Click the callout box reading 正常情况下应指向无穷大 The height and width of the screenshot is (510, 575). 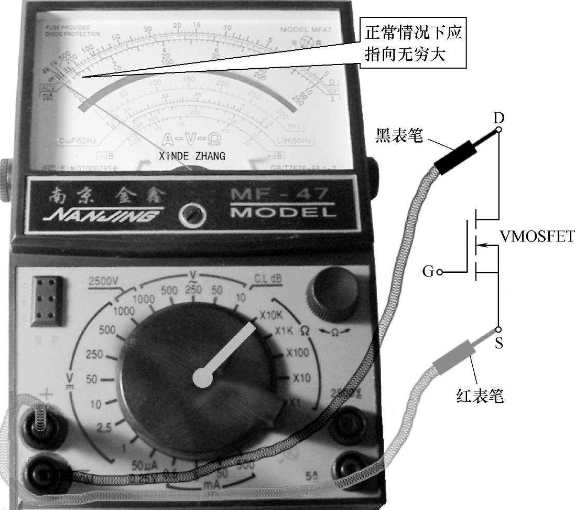pyautogui.click(x=415, y=44)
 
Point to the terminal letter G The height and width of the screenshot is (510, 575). pyautogui.click(x=428, y=272)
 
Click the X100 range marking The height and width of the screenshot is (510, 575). pyautogui.click(x=297, y=353)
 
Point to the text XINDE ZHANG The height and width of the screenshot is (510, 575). pyautogui.click(x=192, y=156)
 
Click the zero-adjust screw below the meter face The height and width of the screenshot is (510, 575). pyautogui.click(x=192, y=215)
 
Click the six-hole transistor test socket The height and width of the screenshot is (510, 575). pyautogui.click(x=48, y=300)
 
